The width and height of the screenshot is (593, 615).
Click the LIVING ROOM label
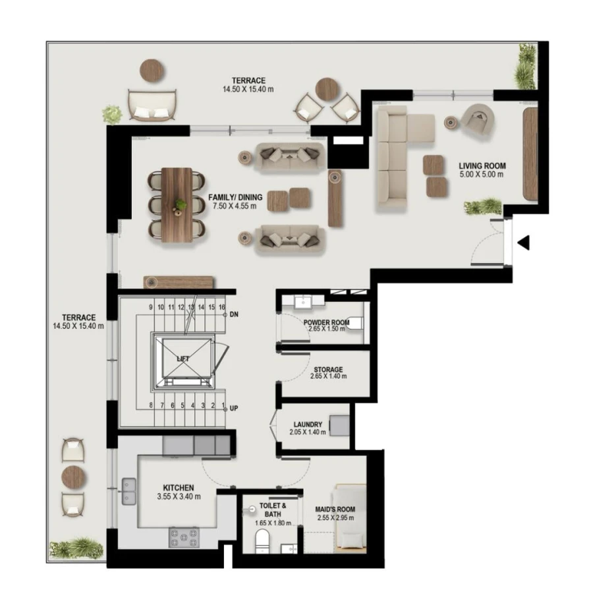(482, 166)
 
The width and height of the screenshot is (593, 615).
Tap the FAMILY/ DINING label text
(235, 197)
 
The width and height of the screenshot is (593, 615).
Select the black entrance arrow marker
(524, 243)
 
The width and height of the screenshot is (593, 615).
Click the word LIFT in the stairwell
(183, 359)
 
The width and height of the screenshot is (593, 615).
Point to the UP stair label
(233, 408)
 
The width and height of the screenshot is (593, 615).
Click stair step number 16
(222, 307)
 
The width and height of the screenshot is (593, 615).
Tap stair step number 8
(152, 405)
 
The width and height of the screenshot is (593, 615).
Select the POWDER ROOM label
(326, 323)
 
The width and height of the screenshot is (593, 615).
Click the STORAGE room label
(327, 370)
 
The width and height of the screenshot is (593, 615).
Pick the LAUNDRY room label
(308, 425)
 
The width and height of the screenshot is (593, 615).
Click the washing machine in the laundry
(339, 425)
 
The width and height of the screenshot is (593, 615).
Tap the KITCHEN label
(179, 488)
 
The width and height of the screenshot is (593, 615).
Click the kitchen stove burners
(183, 537)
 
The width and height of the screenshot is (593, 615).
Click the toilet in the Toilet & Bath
(262, 542)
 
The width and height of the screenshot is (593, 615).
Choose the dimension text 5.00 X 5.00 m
(482, 175)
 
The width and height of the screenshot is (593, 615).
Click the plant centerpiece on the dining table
(180, 206)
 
